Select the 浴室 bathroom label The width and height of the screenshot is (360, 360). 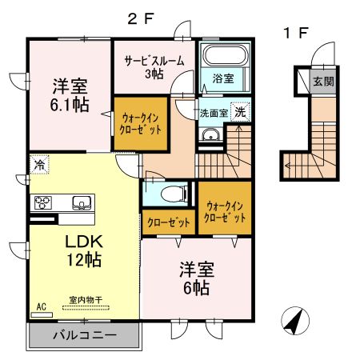click(x=223, y=78)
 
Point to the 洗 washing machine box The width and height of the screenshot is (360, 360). click(x=239, y=112)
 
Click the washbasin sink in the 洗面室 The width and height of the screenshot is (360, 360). click(x=210, y=135)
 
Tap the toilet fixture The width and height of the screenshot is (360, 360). click(x=171, y=193)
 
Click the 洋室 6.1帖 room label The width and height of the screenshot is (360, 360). click(x=69, y=94)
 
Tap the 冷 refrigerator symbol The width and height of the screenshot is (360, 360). click(x=38, y=165)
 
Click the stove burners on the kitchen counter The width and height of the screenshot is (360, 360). click(x=42, y=202)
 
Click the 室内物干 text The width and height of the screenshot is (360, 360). click(x=84, y=300)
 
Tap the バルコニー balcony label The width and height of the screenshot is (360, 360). click(x=85, y=335)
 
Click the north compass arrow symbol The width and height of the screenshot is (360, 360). click(x=293, y=324)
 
